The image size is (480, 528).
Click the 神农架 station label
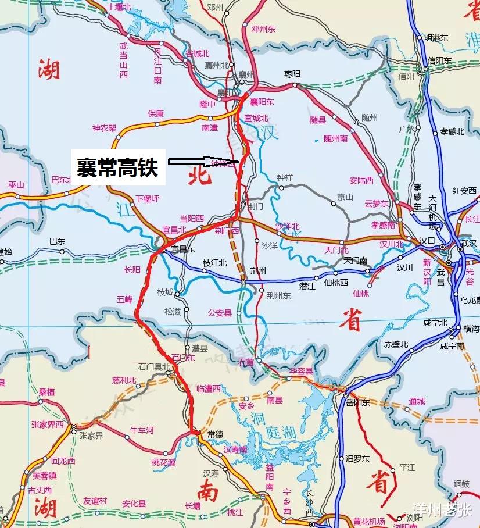pyautogui.click(x=104, y=127)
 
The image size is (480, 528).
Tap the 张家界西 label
pyautogui.click(x=48, y=424)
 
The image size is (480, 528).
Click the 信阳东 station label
pyautogui.click(x=439, y=60)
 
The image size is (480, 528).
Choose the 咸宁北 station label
pyautogui.click(x=435, y=323)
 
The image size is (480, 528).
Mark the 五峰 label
pyautogui.click(x=124, y=300)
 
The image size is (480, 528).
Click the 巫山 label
pyautogui.click(x=16, y=185)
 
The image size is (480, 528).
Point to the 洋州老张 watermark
pyautogui.click(x=441, y=510)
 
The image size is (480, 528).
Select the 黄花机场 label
pyautogui.click(x=369, y=521)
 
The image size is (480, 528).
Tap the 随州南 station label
pyautogui.click(x=335, y=138)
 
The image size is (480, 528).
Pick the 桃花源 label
pyautogui.click(x=163, y=462)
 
